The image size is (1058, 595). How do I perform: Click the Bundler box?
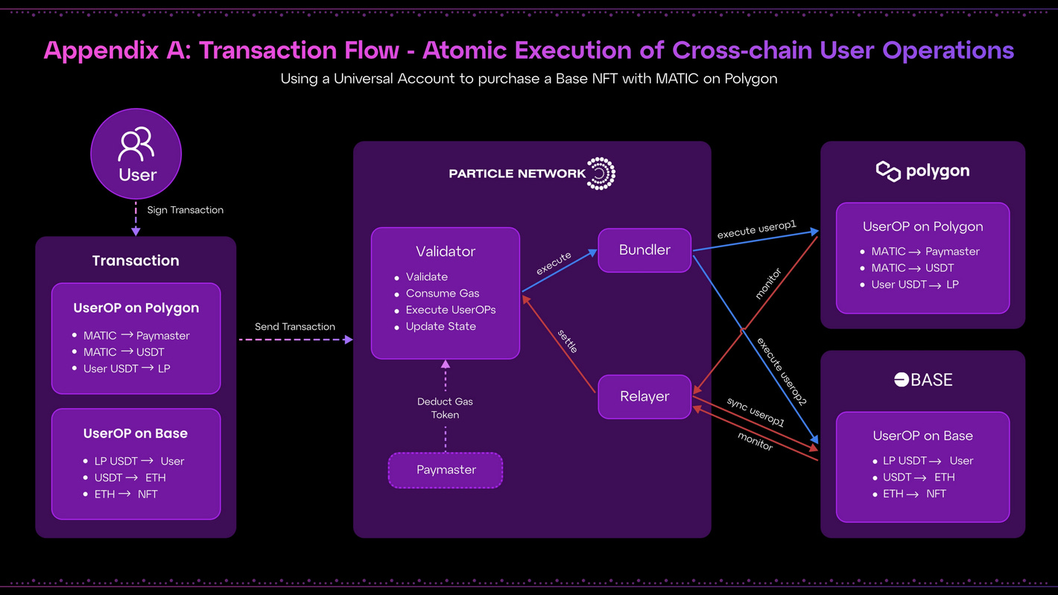pyautogui.click(x=644, y=249)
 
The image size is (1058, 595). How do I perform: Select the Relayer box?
pyautogui.click(x=644, y=396)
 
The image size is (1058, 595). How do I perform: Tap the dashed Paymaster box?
pyautogui.click(x=446, y=470)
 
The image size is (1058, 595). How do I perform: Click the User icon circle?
pyautogui.click(x=136, y=153)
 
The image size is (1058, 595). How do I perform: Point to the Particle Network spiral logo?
pyautogui.click(x=601, y=174)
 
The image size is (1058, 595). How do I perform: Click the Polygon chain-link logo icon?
pyautogui.click(x=888, y=171)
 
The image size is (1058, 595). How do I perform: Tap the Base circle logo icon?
pyautogui.click(x=902, y=380)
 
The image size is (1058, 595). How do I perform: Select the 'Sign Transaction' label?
pyautogui.click(x=185, y=210)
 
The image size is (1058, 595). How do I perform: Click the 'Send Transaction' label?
pyautogui.click(x=295, y=326)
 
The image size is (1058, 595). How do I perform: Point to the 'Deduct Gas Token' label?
pyautogui.click(x=445, y=408)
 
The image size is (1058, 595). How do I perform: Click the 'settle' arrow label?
pyautogui.click(x=568, y=341)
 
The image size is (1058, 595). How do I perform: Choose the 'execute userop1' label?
pyautogui.click(x=757, y=229)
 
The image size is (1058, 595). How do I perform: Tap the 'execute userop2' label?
pyautogui.click(x=782, y=371)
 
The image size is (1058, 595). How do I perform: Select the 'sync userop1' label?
pyautogui.click(x=756, y=413)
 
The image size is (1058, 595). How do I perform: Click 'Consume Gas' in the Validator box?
pyautogui.click(x=443, y=293)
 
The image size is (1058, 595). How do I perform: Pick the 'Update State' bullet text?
pyautogui.click(x=440, y=326)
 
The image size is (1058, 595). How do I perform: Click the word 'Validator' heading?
pyautogui.click(x=446, y=251)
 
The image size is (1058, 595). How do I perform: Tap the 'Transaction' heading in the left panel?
pyautogui.click(x=136, y=261)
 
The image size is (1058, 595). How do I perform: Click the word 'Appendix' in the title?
pyautogui.click(x=101, y=51)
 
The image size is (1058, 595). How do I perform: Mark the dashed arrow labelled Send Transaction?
pyautogui.click(x=296, y=340)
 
